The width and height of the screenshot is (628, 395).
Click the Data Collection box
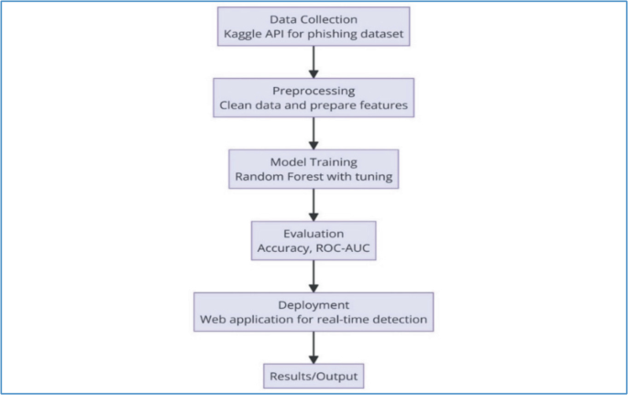(x=314, y=27)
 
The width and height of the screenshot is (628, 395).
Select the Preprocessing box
(x=314, y=96)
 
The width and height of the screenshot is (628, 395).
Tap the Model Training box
(x=314, y=166)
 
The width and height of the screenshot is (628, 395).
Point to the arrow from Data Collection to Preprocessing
(x=314, y=61)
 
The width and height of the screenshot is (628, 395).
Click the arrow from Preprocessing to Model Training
(x=314, y=131)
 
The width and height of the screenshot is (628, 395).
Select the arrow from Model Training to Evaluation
(x=314, y=201)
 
